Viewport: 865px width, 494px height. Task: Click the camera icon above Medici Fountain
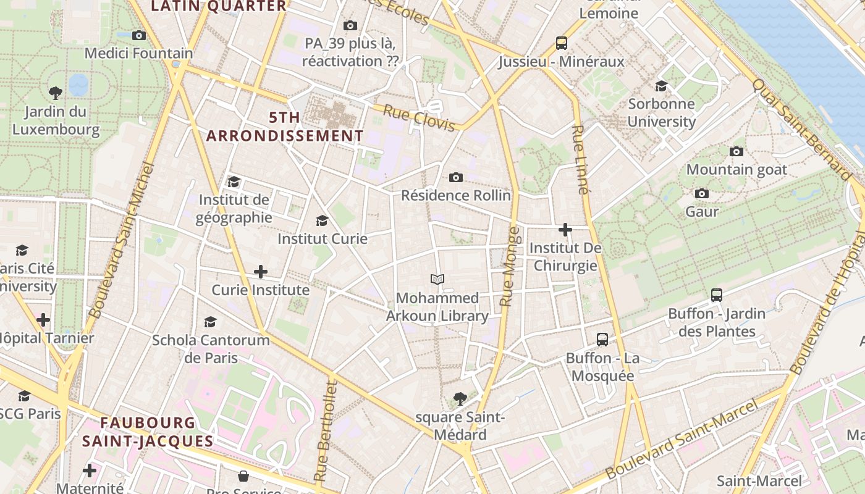139,35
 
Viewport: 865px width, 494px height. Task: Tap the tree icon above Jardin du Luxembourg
56,93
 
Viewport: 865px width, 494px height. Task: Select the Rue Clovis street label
419,118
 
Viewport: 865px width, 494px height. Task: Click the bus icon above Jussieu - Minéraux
561,43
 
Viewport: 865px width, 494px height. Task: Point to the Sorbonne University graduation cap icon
661,86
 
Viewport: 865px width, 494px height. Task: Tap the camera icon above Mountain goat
736,151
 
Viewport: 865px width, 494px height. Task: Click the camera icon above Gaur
701,193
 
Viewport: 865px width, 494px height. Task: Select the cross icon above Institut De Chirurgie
565,230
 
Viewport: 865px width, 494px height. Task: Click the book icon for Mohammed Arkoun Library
437,280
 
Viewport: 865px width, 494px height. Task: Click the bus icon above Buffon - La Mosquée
602,339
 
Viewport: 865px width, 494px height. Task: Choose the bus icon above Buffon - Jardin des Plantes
716,295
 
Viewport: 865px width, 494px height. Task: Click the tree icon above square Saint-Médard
459,398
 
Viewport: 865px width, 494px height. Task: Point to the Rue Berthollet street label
326,431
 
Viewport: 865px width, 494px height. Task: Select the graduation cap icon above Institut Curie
321,220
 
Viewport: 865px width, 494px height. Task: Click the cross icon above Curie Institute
261,271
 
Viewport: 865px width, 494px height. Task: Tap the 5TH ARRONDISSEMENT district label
285,127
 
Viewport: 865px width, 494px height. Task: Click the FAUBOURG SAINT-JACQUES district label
148,432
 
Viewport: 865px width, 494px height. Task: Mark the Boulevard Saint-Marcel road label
681,439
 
